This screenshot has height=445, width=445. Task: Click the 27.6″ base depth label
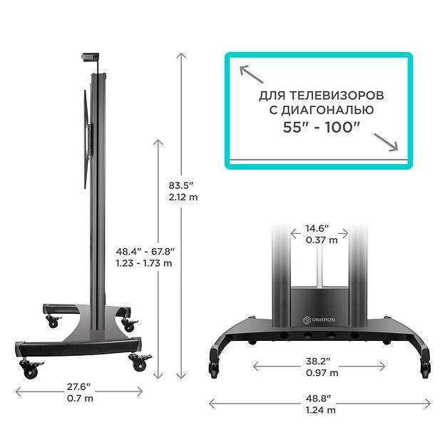pyautogui.click(x=79, y=386)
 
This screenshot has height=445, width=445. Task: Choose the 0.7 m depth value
pyautogui.click(x=79, y=398)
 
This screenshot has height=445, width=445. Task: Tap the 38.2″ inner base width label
pyautogui.click(x=320, y=361)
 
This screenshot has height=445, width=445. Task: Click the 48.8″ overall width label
pyautogui.click(x=320, y=398)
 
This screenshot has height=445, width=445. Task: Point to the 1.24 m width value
pyautogui.click(x=320, y=410)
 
